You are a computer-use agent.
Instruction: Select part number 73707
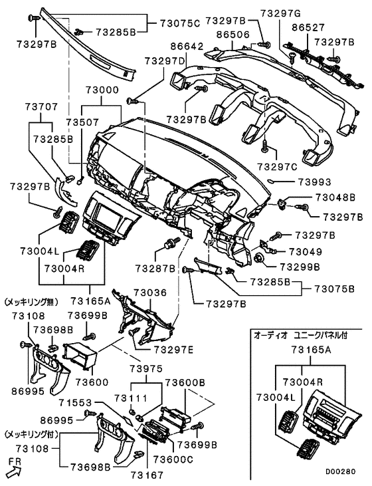43,106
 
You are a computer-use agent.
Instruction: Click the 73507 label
81,123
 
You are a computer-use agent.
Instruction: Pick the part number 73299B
298,266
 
